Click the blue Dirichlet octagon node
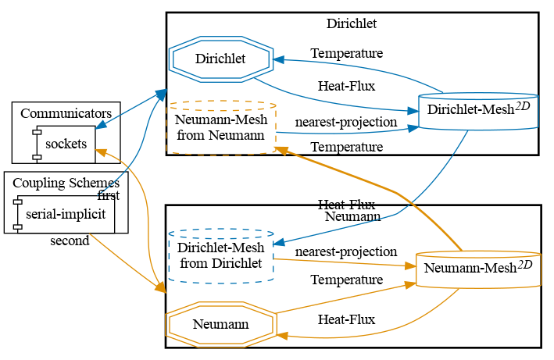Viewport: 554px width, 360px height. (220, 59)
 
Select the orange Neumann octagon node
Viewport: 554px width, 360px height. (220, 324)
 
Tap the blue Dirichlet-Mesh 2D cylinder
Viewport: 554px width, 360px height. (479, 111)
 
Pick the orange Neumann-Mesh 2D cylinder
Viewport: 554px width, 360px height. (478, 270)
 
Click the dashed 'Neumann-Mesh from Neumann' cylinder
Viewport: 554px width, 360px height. (222, 127)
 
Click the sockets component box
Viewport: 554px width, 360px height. (65, 144)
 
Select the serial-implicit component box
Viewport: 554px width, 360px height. (66, 213)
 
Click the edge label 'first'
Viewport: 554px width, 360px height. (109, 195)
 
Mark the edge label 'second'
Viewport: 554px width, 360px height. (70, 241)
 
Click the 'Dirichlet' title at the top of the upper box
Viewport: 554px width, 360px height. (352, 23)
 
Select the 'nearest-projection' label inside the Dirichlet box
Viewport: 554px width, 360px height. (346, 123)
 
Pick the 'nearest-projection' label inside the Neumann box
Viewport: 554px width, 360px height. (346, 252)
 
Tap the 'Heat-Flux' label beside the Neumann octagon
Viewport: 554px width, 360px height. (346, 319)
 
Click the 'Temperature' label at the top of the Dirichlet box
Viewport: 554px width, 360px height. (346, 53)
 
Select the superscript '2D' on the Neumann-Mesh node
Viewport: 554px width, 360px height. (525, 263)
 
